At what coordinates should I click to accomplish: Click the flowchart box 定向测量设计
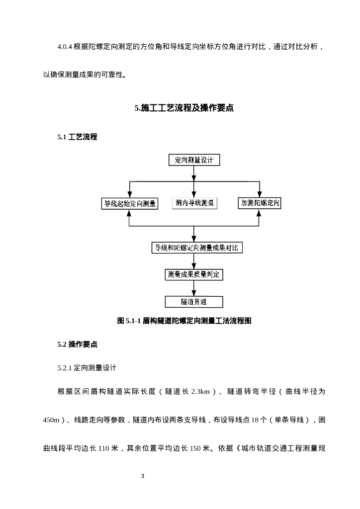[194, 160]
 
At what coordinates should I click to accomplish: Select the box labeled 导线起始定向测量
[129, 203]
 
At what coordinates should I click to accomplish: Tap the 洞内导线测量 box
[194, 203]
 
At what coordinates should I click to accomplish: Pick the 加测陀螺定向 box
[259, 203]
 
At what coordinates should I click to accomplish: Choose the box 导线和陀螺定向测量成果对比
[197, 248]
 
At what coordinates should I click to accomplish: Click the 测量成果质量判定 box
[194, 274]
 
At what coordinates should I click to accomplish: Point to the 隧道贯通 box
[194, 302]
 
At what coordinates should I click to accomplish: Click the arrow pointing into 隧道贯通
[194, 292]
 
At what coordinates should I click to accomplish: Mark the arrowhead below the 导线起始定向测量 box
[129, 213]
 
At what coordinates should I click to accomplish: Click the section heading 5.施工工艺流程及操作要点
[184, 108]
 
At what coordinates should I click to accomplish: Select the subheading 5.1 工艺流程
[77, 137]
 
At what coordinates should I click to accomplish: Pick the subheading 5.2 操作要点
[77, 344]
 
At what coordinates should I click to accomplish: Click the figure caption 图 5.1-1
[184, 321]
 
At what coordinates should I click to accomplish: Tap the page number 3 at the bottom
[142, 476]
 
